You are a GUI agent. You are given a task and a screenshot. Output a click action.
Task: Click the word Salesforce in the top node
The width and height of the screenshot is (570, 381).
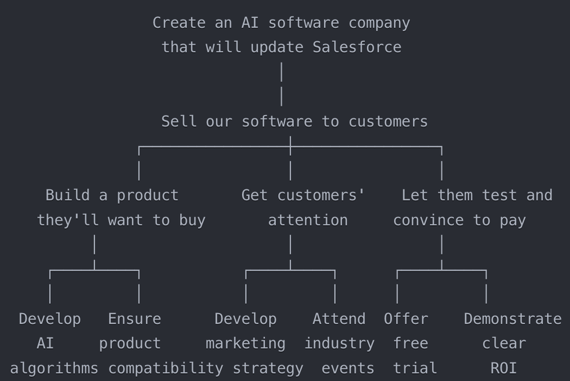coord(357,47)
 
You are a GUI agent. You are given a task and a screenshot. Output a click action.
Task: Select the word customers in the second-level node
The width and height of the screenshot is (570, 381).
coord(388,121)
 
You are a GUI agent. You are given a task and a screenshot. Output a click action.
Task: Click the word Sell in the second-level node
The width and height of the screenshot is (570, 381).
coord(179,121)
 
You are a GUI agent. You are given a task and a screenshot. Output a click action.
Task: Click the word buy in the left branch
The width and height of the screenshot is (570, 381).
coord(192,220)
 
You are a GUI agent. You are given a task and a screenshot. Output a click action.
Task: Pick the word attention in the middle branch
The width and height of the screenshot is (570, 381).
coord(308,220)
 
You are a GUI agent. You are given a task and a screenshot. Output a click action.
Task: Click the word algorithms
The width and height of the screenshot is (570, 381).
coord(54,368)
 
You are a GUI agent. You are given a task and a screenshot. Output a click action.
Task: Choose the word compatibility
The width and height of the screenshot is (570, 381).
coord(165,368)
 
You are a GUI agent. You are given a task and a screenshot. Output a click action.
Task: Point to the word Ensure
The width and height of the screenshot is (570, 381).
coord(135,319)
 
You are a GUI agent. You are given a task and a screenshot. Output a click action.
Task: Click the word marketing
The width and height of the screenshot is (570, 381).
coord(245,343)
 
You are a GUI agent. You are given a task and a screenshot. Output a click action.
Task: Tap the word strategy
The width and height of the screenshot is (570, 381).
coord(268,368)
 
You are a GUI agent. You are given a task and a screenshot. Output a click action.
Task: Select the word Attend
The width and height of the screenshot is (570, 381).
coord(339,319)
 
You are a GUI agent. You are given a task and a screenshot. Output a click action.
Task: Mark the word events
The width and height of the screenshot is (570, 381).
coord(348,368)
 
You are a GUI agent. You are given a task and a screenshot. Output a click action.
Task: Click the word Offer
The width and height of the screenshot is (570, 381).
coord(406,319)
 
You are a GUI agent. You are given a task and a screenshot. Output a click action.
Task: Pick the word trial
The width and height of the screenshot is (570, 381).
coord(415,368)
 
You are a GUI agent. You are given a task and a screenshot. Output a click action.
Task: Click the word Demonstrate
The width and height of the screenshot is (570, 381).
coord(512,319)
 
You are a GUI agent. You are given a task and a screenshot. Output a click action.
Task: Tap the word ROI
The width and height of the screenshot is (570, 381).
coord(504,368)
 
